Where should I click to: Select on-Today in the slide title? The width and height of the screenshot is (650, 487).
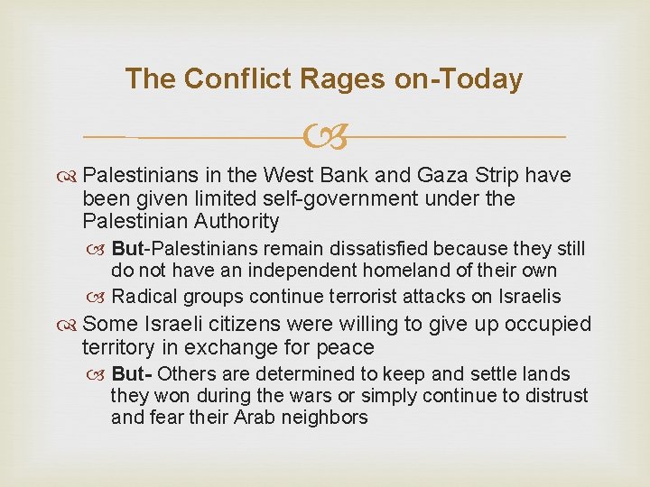(x=459, y=79)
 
